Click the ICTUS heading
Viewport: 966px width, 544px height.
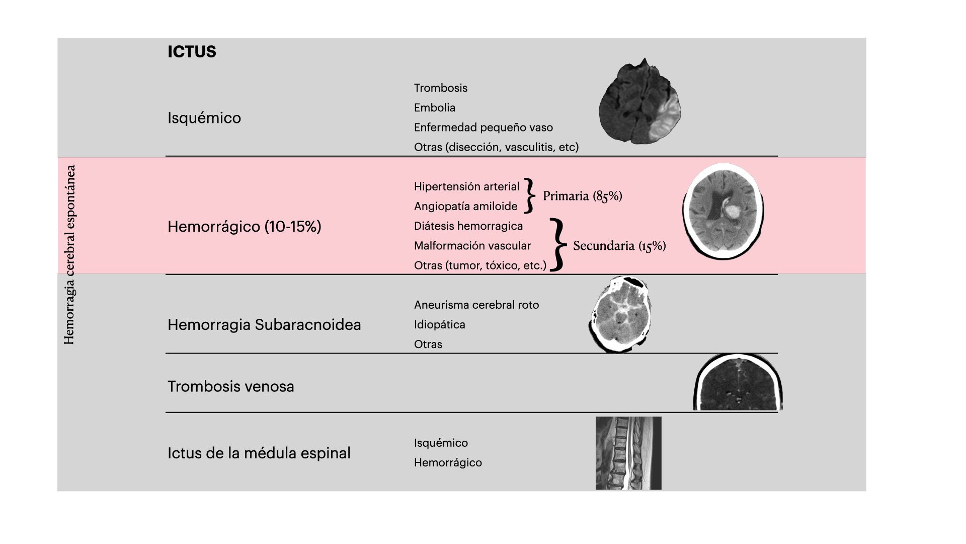point(192,52)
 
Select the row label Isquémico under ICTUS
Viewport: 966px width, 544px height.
point(204,118)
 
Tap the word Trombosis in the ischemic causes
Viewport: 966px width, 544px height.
point(441,88)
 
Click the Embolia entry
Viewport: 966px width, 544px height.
point(435,108)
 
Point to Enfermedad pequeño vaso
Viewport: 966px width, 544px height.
point(484,127)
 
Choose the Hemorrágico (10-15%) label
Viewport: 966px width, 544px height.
point(245,227)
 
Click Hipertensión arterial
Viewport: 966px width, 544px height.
point(467,187)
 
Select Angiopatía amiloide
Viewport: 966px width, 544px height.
point(466,207)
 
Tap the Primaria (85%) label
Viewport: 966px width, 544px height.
point(583,196)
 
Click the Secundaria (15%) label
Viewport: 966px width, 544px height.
point(619,246)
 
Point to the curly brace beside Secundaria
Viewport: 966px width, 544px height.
point(557,245)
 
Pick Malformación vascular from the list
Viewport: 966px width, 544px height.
point(472,246)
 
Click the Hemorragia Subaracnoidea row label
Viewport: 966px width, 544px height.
point(264,324)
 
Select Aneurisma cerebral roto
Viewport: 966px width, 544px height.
point(476,305)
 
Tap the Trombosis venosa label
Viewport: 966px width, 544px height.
point(231,386)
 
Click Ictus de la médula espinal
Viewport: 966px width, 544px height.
point(259,453)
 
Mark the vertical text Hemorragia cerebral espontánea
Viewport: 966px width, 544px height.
point(69,255)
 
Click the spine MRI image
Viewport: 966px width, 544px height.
point(628,453)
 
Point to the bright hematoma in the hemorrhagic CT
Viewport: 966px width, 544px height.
point(731,210)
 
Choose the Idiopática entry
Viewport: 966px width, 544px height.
point(440,324)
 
